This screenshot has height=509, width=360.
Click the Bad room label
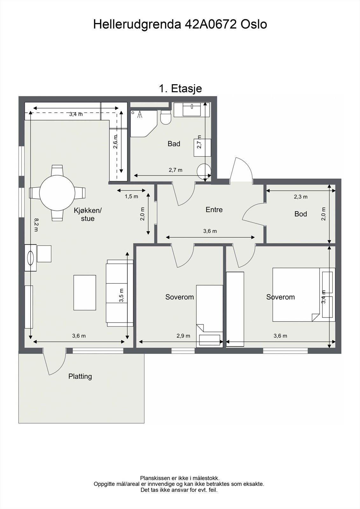tap(174, 143)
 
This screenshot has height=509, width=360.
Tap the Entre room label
tap(214, 210)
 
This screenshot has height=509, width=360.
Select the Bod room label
tap(301, 214)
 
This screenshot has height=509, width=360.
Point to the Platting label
tap(80, 377)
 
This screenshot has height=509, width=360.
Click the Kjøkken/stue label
tap(88, 214)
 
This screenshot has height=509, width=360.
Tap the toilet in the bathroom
tap(166, 117)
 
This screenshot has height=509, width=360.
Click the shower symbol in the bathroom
tap(140, 114)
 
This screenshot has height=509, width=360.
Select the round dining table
tap(57, 193)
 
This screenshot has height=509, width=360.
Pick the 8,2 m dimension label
tap(36, 225)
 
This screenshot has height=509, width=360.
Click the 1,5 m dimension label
tap(131, 197)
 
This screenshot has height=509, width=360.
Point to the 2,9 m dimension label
tap(183, 336)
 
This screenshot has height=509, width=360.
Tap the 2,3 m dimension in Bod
tap(301, 197)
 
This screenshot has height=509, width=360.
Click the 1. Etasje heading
tap(180, 88)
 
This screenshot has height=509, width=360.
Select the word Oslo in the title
tap(254, 24)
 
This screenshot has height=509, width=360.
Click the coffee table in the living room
tap(85, 293)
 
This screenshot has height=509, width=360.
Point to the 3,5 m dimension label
tap(122, 296)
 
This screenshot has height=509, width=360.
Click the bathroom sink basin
tap(192, 110)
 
